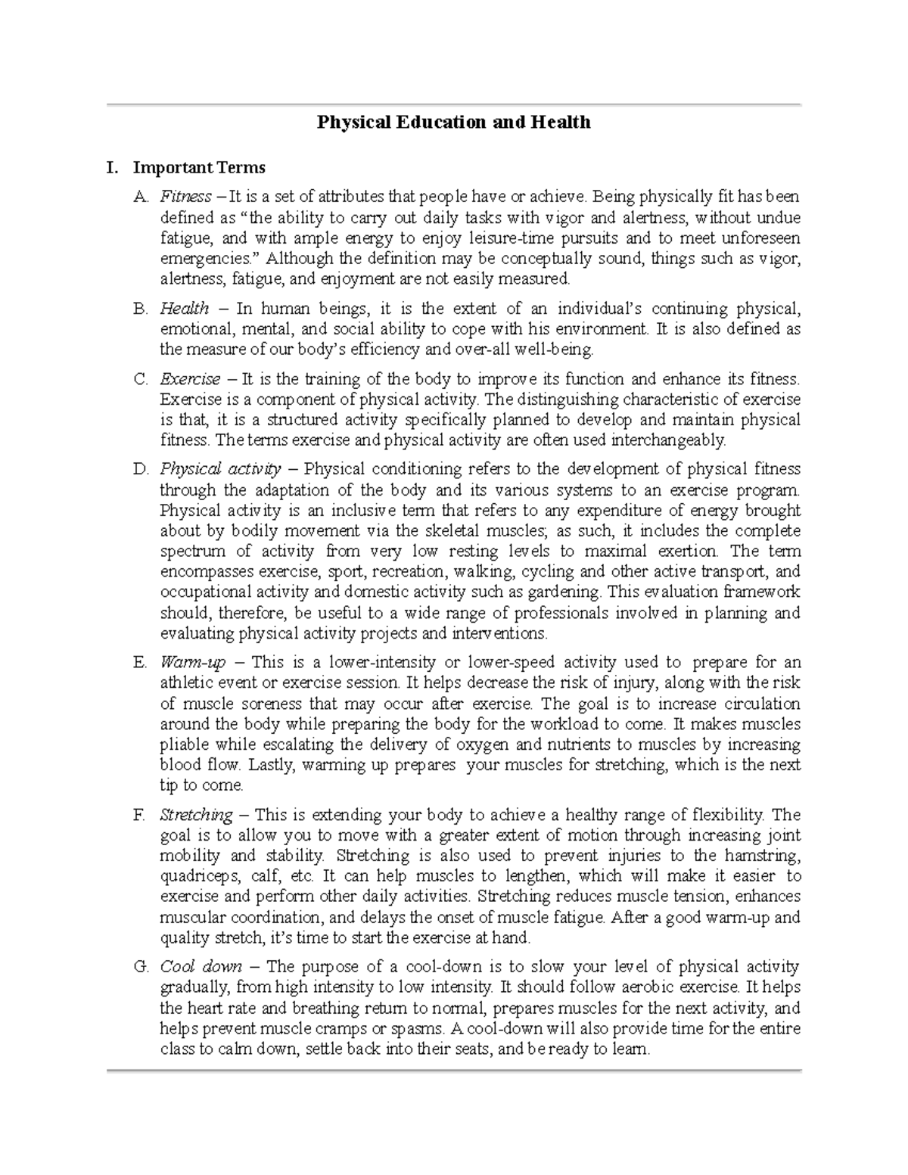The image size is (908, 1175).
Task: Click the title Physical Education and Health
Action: coord(453,122)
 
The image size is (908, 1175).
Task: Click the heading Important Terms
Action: coord(199,166)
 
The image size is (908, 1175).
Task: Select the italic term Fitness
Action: coord(185,197)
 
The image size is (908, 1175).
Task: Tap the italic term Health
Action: coord(185,309)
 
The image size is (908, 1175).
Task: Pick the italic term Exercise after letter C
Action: coord(190,379)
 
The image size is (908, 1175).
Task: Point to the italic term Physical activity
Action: coord(220,469)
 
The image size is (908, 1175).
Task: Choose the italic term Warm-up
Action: coord(193,663)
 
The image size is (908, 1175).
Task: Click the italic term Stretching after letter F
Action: coord(196,815)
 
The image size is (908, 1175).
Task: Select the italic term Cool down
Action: coord(201,967)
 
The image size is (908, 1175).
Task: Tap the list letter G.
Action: coord(140,967)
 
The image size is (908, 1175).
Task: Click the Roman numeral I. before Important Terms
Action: coord(113,166)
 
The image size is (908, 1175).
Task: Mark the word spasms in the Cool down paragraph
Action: coord(415,1029)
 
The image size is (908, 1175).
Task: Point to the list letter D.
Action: coord(140,469)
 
